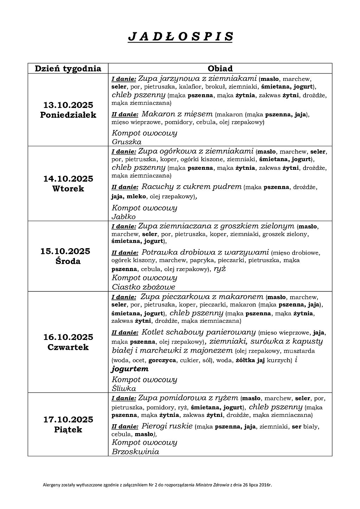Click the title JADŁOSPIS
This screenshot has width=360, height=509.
pyautogui.click(x=180, y=37)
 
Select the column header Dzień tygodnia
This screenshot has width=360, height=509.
pyautogui.click(x=68, y=69)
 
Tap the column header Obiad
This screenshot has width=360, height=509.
pyautogui.click(x=220, y=69)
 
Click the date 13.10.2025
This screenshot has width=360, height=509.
pyautogui.click(x=68, y=105)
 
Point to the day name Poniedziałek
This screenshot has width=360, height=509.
pyautogui.click(x=68, y=115)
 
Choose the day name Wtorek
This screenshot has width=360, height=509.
pyautogui.click(x=68, y=189)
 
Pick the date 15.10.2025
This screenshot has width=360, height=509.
pyautogui.click(x=65, y=251)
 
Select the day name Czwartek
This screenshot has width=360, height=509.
pyautogui.click(x=68, y=347)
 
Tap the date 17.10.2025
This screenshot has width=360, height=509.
pyautogui.click(x=68, y=419)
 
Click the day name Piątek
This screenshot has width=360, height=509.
pyautogui.click(x=68, y=430)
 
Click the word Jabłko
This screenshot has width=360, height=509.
pyautogui.click(x=124, y=217)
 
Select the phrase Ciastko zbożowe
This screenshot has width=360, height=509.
pyautogui.click(x=143, y=287)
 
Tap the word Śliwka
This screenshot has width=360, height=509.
pyautogui.click(x=124, y=388)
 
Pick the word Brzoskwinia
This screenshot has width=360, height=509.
pyautogui.click(x=135, y=452)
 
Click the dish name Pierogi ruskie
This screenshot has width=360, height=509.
pyautogui.click(x=167, y=426)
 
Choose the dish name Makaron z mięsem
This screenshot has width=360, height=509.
pyautogui.click(x=177, y=114)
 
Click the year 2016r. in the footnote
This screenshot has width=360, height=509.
pyautogui.click(x=265, y=485)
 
